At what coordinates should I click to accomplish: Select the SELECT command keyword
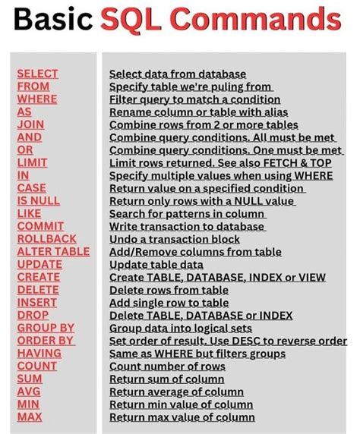[37, 74]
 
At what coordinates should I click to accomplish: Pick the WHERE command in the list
[36, 99]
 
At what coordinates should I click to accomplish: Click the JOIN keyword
[30, 124]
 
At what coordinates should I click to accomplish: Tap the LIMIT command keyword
[32, 162]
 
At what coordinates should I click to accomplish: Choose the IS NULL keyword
[38, 200]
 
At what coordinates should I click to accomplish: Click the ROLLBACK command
[46, 239]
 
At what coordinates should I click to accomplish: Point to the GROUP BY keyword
[45, 328]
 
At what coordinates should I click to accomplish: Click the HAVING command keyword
[39, 354]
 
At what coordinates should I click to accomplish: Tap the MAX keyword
[30, 417]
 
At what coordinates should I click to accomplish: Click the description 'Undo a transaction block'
[175, 239]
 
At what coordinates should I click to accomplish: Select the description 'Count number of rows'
[167, 366]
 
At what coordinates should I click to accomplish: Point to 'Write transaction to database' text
[186, 226]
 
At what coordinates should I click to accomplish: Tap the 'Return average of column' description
[181, 392]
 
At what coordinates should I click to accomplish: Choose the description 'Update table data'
[156, 265]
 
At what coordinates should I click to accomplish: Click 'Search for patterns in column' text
[187, 213]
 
